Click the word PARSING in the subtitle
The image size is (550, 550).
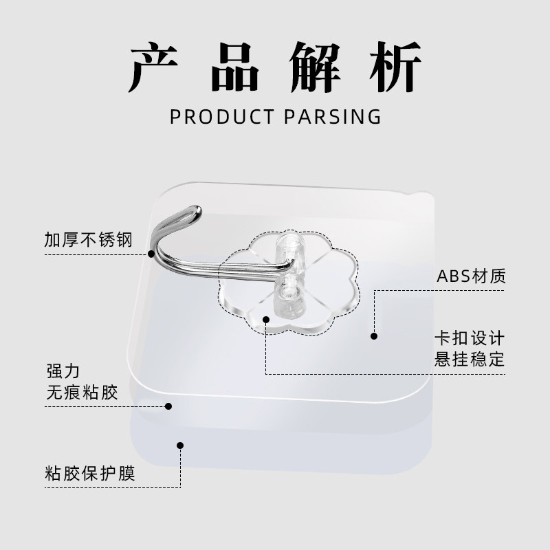click(332, 116)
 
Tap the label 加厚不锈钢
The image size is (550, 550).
click(87, 240)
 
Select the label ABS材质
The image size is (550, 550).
click(471, 277)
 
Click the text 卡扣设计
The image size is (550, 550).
click(470, 339)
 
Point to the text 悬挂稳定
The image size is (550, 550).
click(470, 359)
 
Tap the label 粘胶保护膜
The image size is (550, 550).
click(88, 474)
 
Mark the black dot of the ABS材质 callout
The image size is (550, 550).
click(374, 336)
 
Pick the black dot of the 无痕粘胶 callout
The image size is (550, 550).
click(168, 406)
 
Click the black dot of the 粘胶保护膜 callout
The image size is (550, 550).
click(180, 445)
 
